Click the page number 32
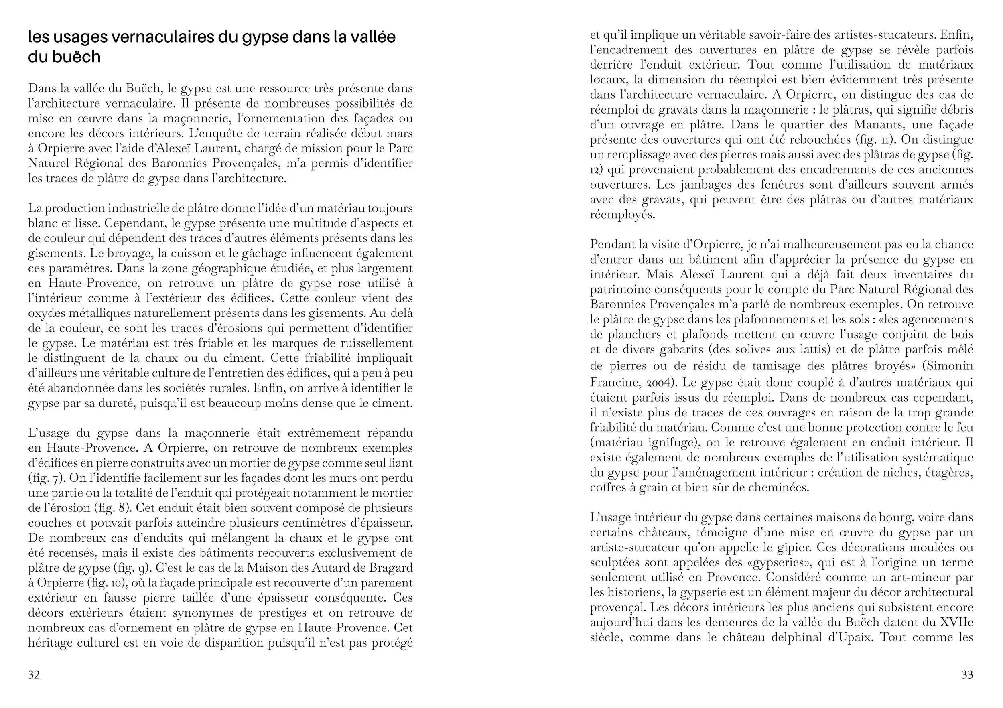(x=34, y=674)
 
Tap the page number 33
(x=967, y=674)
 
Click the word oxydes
(x=45, y=313)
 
